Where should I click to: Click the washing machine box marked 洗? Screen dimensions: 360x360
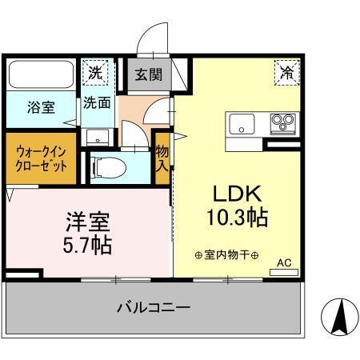pos(96,71)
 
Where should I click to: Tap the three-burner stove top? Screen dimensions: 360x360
pos(282,122)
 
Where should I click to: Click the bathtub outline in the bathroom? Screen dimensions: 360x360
pos(41,76)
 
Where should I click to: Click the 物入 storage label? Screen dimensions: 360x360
pos(162,157)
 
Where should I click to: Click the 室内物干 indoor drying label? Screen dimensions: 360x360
pos(226,255)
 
